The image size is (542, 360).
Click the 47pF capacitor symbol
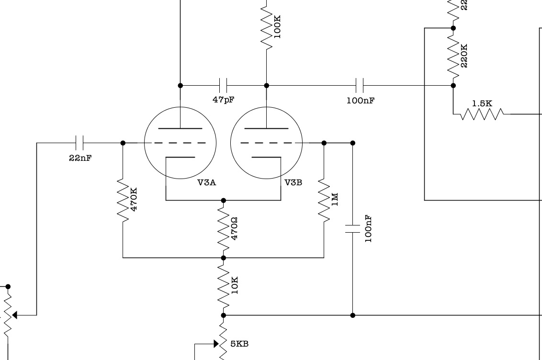pos(223,86)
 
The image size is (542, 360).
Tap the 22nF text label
pos(80,158)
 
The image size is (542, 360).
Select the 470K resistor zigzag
pos(123,201)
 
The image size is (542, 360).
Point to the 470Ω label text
pos(235,228)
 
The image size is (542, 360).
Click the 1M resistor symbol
pos(324,201)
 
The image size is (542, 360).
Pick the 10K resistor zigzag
pos(223,286)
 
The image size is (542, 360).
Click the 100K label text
pos(277,26)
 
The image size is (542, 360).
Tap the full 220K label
pos(463,55)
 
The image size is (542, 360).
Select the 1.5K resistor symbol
pos(482,114)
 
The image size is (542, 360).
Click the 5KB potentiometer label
pos(239,344)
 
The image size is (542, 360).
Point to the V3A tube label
pos(206,182)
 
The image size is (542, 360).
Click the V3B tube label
pos(293,182)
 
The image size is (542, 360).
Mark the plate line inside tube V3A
pos(180,129)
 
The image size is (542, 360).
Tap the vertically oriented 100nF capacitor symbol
pos(353,229)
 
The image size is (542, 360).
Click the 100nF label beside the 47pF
pos(360,101)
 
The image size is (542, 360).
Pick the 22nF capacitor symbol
pos(80,143)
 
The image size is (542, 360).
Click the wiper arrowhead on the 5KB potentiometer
pos(215,344)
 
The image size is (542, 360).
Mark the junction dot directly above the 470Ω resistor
pos(223,201)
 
